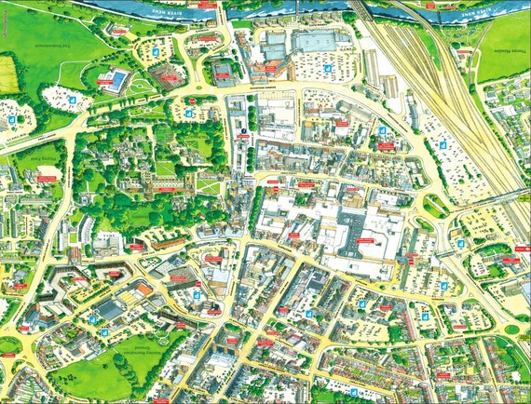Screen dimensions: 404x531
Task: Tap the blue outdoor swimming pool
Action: point(118,79)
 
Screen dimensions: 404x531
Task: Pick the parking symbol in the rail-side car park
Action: point(443,144)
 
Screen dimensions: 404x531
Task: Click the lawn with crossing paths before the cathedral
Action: point(210,187)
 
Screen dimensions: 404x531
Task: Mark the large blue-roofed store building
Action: point(313,42)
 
